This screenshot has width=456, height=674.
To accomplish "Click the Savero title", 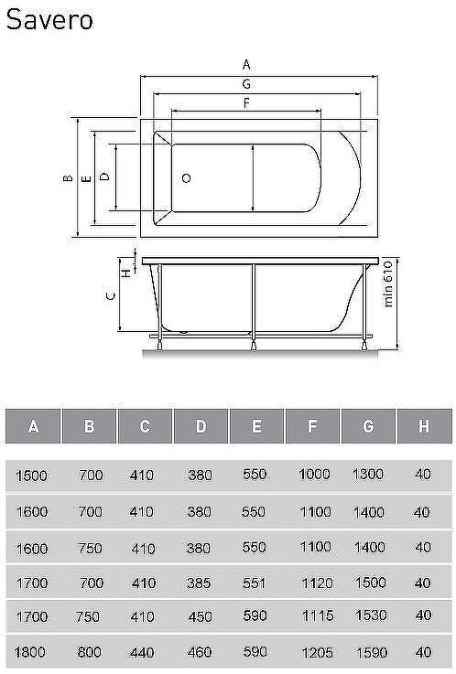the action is pos(49,20).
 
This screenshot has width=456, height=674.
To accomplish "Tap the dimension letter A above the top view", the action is pos(246,65).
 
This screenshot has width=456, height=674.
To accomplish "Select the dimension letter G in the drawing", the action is pos(246,84).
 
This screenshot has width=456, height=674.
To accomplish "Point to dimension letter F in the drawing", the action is pos(246,103).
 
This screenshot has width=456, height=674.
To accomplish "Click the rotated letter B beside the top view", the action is pos(68,177).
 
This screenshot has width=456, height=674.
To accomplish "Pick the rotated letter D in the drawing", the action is pos(104,176).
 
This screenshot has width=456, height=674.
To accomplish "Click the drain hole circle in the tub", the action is pos(186,178).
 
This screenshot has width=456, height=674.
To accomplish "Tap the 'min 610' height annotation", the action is pos(387,284).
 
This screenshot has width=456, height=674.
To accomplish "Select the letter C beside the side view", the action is pos(111,295).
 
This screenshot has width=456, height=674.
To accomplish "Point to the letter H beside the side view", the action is pos(127,273).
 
